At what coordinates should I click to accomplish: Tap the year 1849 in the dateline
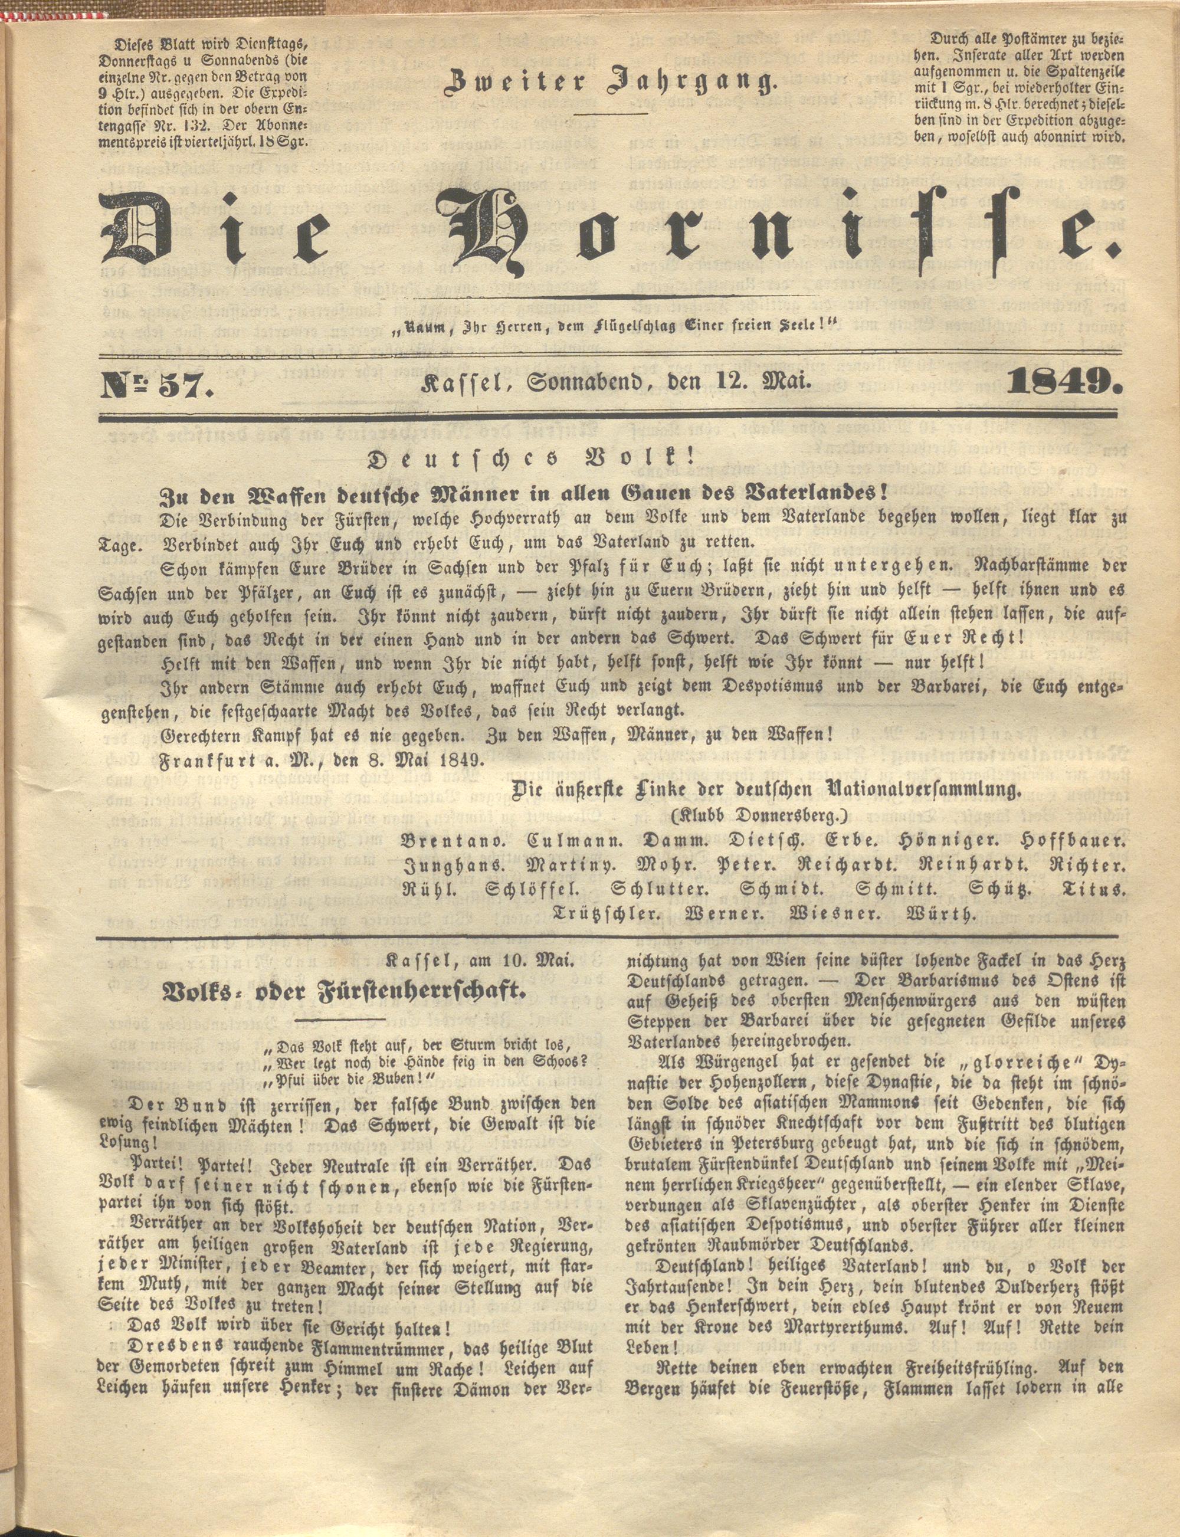point(1065,383)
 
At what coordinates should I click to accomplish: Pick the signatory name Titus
point(1096,889)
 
